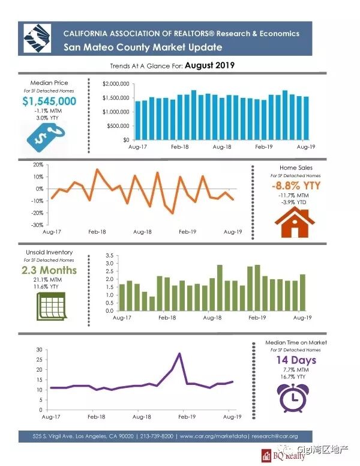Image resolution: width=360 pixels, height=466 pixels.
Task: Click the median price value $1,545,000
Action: pos(49,101)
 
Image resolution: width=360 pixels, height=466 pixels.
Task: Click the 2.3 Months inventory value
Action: pos(49,270)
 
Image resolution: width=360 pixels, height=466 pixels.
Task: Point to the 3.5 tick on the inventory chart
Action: pos(109,255)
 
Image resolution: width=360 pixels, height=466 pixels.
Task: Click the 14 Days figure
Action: pos(296,360)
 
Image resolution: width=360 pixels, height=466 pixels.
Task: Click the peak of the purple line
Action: pos(179,354)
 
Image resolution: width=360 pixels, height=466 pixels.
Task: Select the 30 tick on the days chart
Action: pos(39,349)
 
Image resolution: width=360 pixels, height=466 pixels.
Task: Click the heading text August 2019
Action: pos(209,64)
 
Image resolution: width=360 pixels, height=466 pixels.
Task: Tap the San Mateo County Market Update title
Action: pos(143,47)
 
